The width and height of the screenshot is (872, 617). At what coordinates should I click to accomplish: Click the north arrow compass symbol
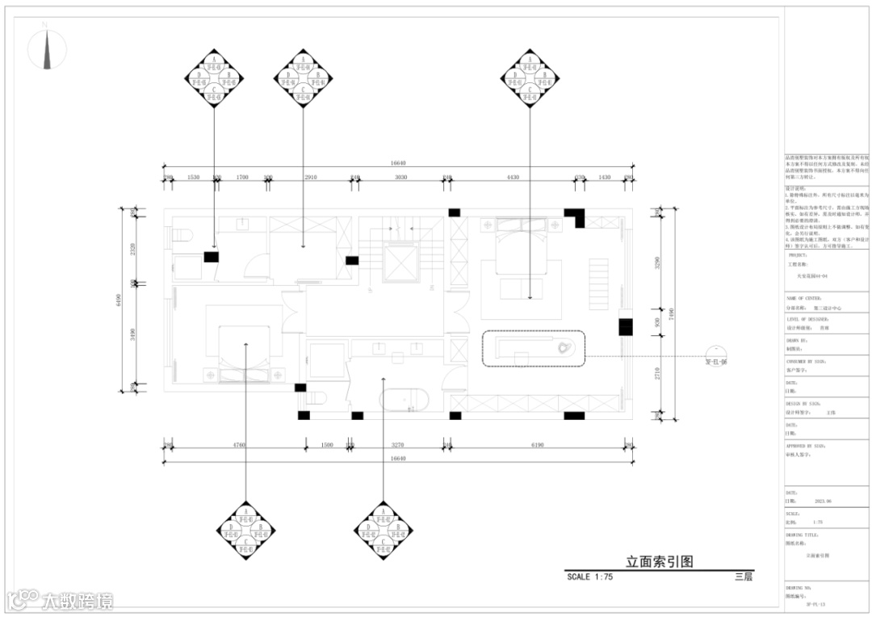pyautogui.click(x=46, y=49)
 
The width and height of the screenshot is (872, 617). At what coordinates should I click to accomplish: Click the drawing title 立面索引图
pyautogui.click(x=660, y=561)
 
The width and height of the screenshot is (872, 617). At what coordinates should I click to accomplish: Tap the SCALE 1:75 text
pyautogui.click(x=590, y=577)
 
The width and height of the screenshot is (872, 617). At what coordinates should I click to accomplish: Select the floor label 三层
pyautogui.click(x=743, y=577)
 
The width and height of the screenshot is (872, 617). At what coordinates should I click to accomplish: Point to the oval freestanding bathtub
pyautogui.click(x=405, y=401)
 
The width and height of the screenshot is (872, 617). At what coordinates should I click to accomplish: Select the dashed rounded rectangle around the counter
pyautogui.click(x=534, y=348)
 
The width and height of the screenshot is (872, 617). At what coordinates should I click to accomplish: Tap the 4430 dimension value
pyautogui.click(x=513, y=177)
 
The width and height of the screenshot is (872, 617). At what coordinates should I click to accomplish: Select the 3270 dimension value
pyautogui.click(x=398, y=445)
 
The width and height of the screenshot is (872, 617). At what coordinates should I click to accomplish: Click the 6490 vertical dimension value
pyautogui.click(x=119, y=300)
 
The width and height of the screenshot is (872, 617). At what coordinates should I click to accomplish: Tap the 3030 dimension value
pyautogui.click(x=400, y=177)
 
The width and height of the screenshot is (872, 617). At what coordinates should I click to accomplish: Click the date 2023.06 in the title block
pyautogui.click(x=823, y=502)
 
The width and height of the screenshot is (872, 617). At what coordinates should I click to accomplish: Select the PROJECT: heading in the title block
pyautogui.click(x=797, y=254)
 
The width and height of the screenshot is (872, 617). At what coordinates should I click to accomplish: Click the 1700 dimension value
pyautogui.click(x=242, y=177)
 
